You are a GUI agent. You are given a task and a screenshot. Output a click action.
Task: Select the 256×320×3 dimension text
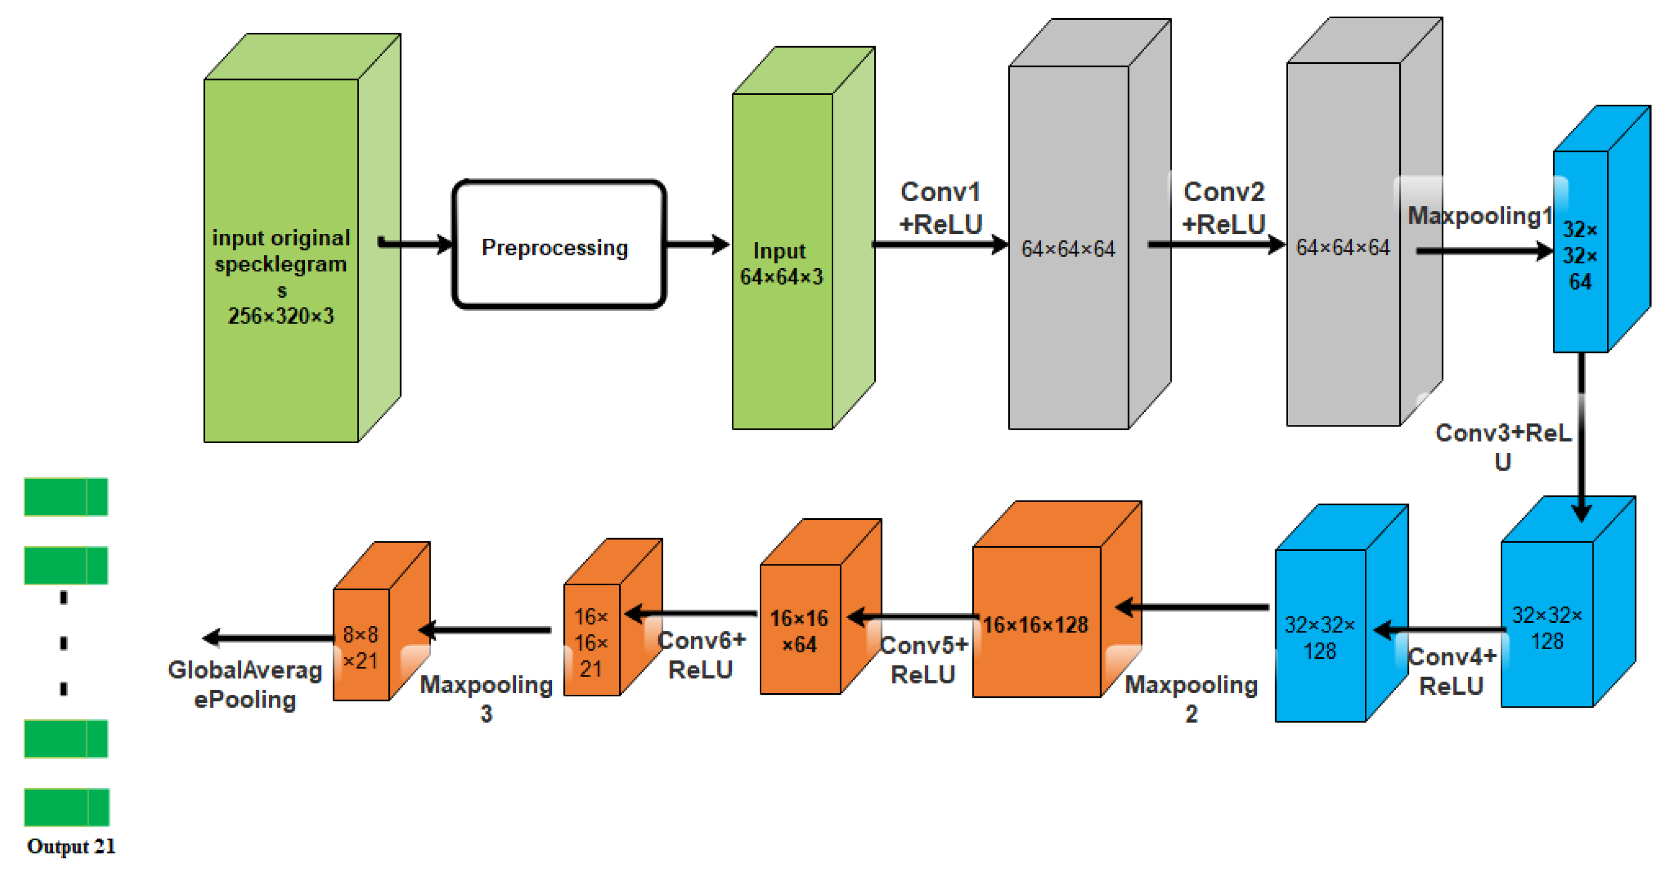coord(281,316)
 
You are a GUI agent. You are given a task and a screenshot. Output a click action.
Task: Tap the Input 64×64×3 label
coord(781,263)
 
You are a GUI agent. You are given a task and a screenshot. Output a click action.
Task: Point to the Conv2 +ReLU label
coord(1224,208)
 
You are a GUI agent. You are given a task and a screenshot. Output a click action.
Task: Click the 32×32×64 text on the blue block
coord(1580,256)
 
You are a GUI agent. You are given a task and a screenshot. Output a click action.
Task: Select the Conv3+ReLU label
coord(1503,446)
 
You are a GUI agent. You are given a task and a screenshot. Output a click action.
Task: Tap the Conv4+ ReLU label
coord(1452,671)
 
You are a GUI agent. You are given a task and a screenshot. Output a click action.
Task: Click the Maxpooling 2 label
coord(1191,698)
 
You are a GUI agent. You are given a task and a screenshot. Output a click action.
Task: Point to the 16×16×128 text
coord(1035,624)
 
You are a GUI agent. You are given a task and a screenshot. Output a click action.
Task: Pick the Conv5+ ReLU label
coord(923,659)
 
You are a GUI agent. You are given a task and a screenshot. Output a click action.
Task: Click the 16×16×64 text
coord(799,631)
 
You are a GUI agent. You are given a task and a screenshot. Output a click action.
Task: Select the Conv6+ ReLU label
coord(701,655)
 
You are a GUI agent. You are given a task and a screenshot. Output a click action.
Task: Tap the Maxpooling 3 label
coord(486,698)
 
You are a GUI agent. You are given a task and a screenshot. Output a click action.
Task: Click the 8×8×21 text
coord(360,647)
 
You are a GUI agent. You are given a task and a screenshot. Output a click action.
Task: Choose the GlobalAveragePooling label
coord(245,684)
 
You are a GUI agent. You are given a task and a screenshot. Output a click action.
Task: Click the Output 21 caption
coord(71,847)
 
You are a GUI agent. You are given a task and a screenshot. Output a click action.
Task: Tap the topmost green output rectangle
coord(66,497)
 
